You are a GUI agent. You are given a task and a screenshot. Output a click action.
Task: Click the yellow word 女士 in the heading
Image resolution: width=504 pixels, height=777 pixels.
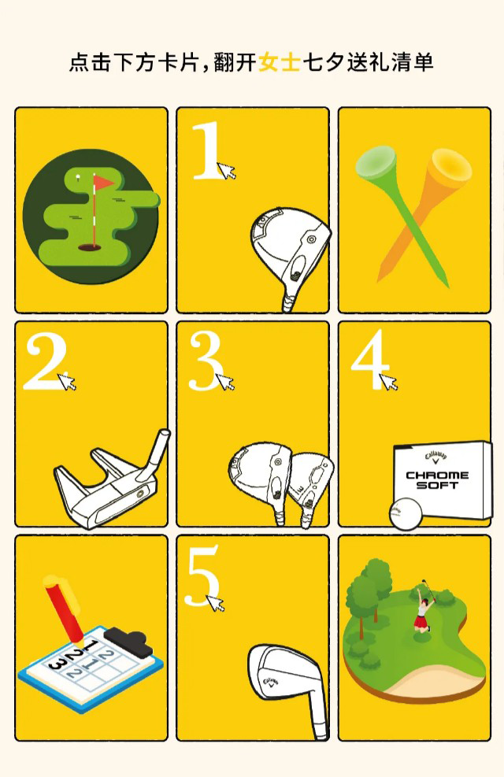[280, 63]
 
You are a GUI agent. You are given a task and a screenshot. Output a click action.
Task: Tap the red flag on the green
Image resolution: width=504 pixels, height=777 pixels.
[104, 183]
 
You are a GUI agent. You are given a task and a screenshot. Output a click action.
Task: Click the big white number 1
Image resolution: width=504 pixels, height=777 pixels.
[207, 150]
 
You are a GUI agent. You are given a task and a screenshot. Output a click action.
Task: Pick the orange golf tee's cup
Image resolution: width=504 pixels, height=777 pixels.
[450, 166]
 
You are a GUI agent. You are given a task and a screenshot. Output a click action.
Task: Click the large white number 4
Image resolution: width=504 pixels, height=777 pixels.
[369, 360]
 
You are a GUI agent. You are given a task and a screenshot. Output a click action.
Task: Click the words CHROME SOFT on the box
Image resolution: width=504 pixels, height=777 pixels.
[437, 479]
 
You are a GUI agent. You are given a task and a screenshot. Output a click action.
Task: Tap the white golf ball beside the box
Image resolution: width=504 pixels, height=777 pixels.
[406, 515]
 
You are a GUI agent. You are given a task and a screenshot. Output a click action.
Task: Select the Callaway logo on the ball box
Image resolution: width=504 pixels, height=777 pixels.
[435, 457]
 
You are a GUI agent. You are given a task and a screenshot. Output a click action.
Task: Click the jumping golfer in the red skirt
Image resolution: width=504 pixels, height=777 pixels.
[424, 607]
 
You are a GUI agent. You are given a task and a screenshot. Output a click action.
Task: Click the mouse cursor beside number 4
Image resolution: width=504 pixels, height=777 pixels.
[387, 382]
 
